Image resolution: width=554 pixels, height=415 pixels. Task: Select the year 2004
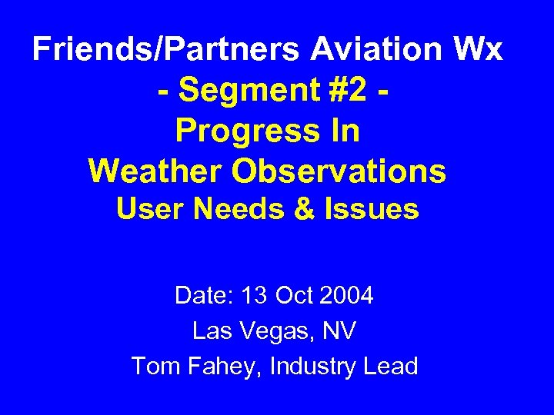pos(348,295)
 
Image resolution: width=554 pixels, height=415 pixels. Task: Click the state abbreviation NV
pos(339,331)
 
